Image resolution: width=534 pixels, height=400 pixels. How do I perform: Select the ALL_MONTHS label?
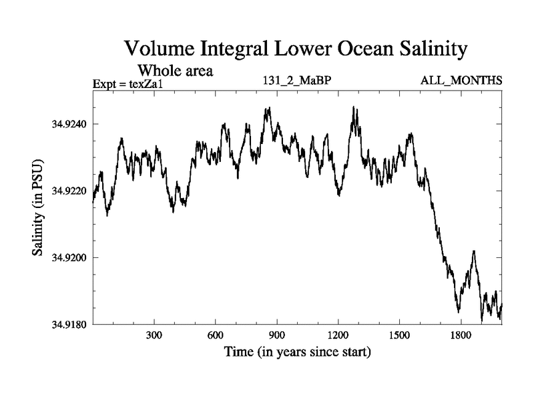(461, 81)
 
